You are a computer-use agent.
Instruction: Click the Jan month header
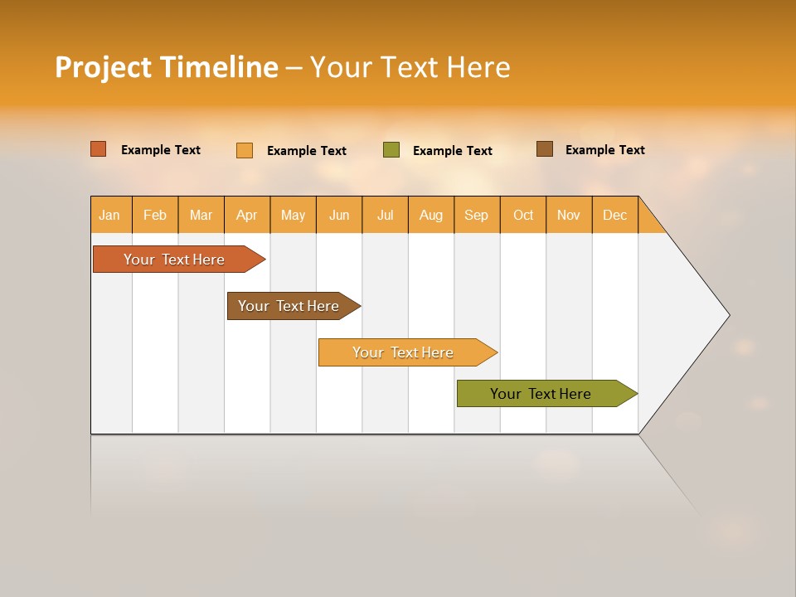pos(109,215)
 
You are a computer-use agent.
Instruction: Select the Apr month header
pos(247,215)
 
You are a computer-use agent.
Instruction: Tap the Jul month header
pos(385,215)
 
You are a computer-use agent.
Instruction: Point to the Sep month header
pos(476,215)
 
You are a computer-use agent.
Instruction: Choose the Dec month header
pos(614,215)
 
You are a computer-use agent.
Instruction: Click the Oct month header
pos(523,215)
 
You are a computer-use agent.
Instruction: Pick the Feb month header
pos(155,215)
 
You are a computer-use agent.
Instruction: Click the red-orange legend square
pos(99,149)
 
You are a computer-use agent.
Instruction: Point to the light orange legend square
pos(245,150)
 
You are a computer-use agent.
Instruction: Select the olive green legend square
pos(391,150)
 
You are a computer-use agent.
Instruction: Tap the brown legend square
pos(545,149)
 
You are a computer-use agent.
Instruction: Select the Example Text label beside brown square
pos(604,150)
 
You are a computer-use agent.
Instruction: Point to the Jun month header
pos(339,215)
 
